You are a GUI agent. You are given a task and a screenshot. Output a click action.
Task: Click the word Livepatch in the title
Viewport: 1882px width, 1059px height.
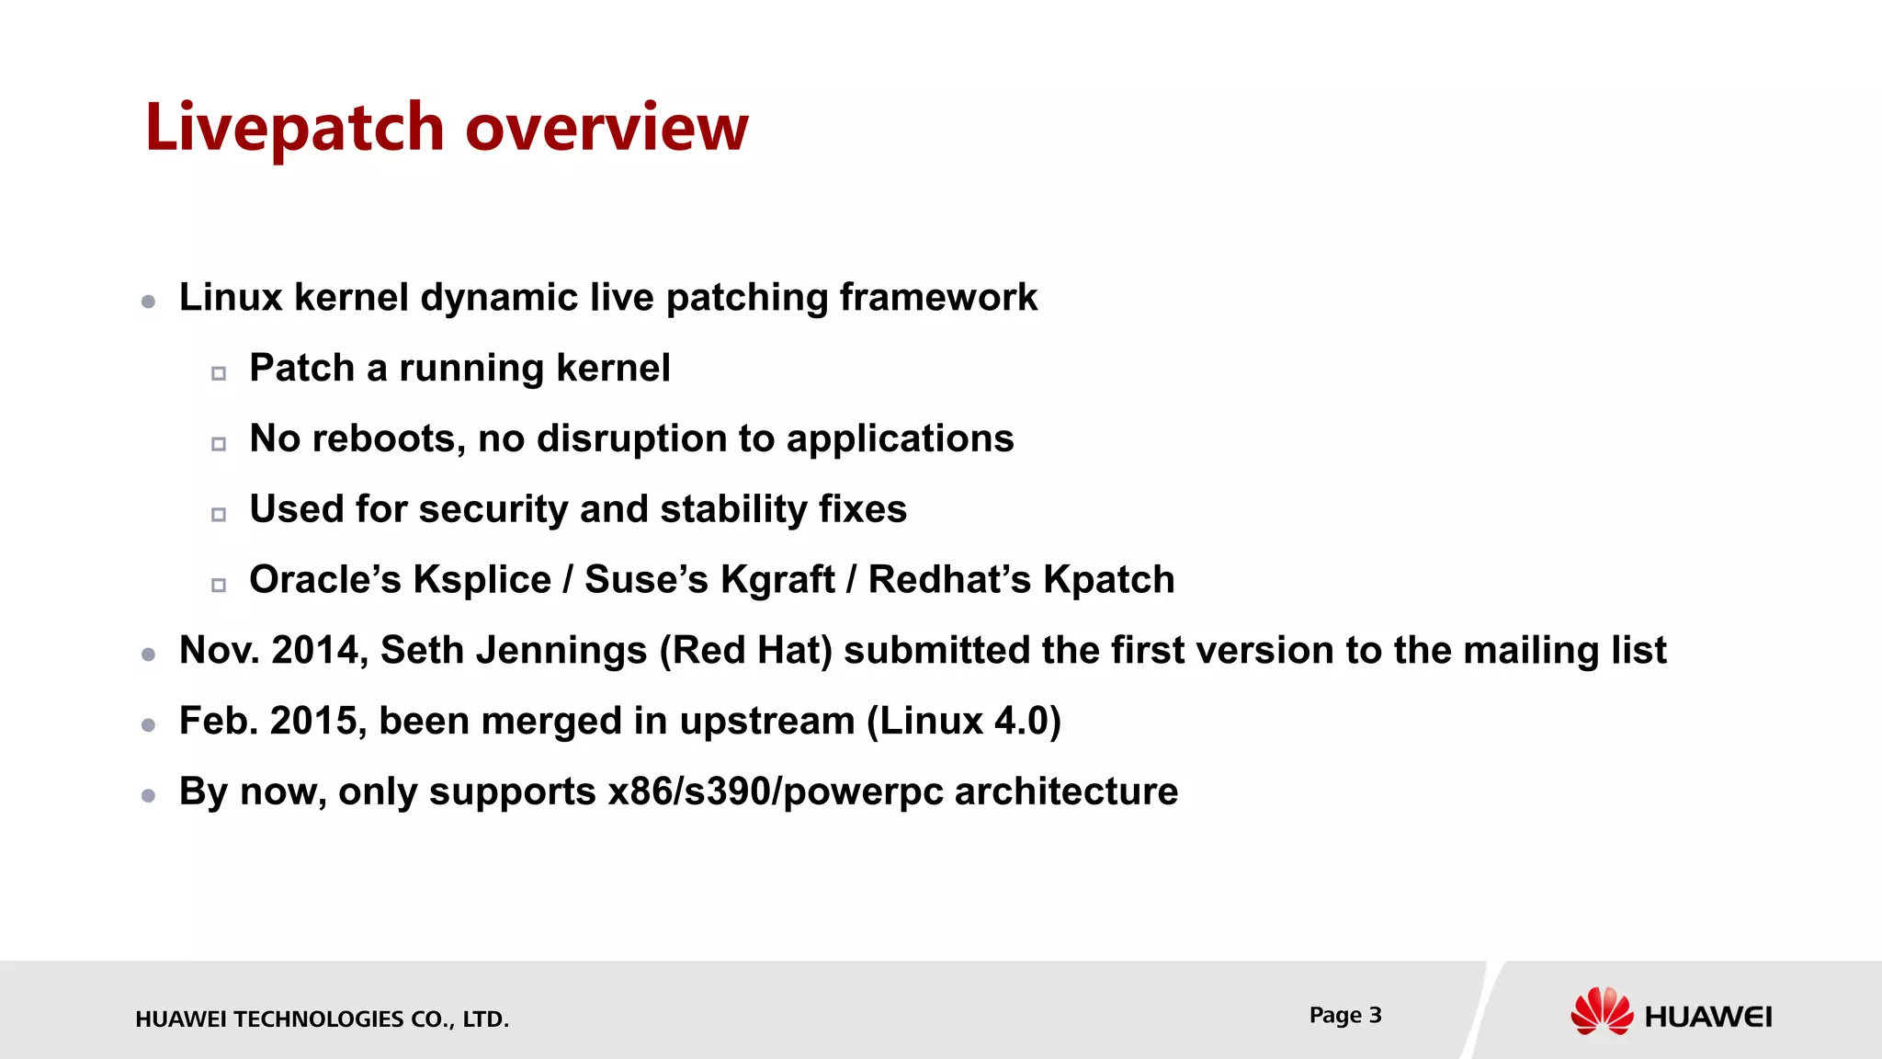[x=294, y=129]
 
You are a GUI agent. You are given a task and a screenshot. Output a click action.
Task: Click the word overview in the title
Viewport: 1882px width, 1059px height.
[x=607, y=129]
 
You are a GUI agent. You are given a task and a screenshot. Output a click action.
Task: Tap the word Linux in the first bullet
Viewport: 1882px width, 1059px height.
[x=231, y=298]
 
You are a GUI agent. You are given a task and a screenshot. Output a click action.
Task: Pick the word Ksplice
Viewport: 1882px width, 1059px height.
[x=482, y=580]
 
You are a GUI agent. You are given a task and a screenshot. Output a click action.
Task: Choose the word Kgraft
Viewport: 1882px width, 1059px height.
[x=777, y=580]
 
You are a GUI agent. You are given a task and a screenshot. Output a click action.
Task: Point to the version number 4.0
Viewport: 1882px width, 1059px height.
[x=1022, y=722]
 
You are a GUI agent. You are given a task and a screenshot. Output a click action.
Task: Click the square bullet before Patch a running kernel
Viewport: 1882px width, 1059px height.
[x=219, y=373]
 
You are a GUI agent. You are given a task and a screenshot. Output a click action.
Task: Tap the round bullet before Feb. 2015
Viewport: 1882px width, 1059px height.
[x=149, y=725]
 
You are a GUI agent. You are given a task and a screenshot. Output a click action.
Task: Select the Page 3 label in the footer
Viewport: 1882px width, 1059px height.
[x=1345, y=1015]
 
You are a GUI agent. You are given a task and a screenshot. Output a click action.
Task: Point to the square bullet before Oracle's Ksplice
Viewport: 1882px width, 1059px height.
[x=219, y=585]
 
